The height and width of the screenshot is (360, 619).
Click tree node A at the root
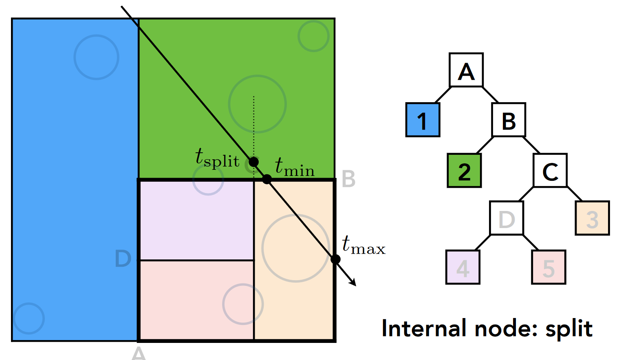[466, 70]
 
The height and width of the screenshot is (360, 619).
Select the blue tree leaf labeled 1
[423, 120]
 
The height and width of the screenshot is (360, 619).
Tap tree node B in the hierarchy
[509, 120]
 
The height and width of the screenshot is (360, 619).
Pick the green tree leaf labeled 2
[464, 170]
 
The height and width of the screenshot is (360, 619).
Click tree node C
[550, 170]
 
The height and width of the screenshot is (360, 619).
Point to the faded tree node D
[507, 218]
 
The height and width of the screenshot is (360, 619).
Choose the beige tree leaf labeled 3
[592, 218]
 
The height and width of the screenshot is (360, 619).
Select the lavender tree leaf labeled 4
[463, 267]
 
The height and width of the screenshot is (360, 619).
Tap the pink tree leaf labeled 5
[549, 267]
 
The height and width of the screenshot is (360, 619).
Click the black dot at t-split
[253, 162]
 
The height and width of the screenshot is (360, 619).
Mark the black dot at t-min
[267, 179]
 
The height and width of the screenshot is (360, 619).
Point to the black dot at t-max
[335, 259]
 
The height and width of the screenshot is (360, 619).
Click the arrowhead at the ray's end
[354, 283]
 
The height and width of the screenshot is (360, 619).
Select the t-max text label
[363, 245]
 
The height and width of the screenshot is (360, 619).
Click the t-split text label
[217, 158]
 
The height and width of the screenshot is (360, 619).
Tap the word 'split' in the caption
[569, 329]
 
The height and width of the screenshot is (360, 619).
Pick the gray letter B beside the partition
[348, 179]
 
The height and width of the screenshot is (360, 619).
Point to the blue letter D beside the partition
[123, 259]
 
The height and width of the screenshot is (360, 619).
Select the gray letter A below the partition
[139, 353]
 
